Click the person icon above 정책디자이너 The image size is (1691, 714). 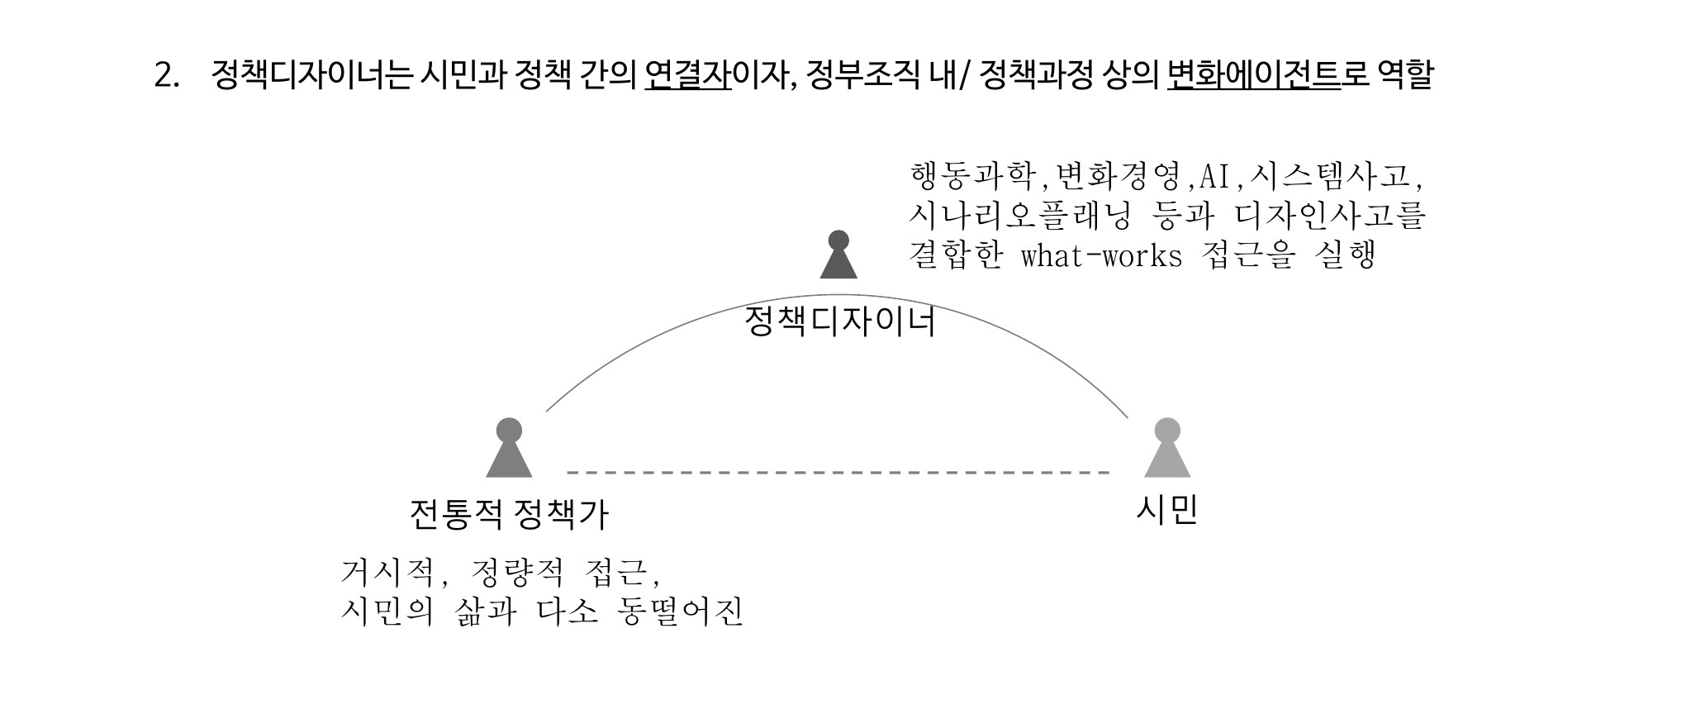click(x=838, y=255)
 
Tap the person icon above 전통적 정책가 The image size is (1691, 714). click(x=509, y=448)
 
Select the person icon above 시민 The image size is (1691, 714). click(x=1167, y=448)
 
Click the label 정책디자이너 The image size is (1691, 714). click(x=840, y=322)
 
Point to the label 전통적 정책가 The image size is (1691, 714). click(x=509, y=515)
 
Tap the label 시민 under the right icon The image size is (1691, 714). click(x=1167, y=510)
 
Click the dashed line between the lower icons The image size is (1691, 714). click(x=838, y=473)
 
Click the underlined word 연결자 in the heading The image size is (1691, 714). click(x=688, y=75)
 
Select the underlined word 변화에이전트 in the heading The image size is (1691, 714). click(x=1254, y=75)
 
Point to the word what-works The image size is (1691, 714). click(x=1102, y=255)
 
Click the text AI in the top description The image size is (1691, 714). click(x=1214, y=176)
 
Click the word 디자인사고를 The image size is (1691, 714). click(x=1331, y=216)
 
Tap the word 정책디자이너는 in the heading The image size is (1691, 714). click(x=311, y=75)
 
